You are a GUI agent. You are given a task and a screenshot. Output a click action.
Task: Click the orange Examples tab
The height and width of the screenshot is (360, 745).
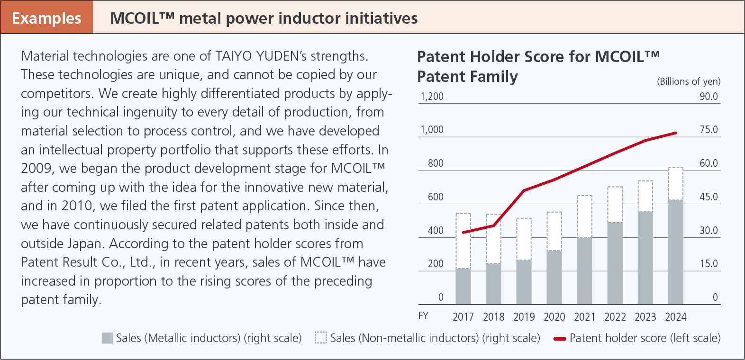coord(46,18)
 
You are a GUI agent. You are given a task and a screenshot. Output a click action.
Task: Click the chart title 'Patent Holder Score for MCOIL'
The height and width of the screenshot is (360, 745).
coord(538,57)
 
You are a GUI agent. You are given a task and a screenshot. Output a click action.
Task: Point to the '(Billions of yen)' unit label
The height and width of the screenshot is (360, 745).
coord(688,81)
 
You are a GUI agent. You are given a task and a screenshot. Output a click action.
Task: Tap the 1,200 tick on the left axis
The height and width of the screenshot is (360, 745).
coord(432,97)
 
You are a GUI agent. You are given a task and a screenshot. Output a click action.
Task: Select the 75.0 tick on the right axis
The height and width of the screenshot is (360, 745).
coord(709,130)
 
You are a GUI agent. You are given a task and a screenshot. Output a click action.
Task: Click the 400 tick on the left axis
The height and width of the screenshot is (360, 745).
coord(436,231)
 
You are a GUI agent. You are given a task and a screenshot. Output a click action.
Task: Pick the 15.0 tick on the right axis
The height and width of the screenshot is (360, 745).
coord(709,264)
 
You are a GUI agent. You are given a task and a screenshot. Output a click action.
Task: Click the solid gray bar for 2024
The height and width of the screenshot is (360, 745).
coord(675,252)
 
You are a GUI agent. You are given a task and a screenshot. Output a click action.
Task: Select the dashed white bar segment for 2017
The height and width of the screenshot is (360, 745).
coord(463,241)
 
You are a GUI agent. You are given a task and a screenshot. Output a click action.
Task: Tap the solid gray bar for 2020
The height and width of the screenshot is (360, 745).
coord(554,277)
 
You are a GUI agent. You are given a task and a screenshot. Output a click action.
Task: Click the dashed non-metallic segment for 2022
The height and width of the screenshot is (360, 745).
coord(615,205)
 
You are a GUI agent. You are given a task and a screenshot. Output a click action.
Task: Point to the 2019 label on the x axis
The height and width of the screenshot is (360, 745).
coord(524,317)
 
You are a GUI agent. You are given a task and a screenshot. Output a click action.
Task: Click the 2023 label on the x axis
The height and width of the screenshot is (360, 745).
coord(645,317)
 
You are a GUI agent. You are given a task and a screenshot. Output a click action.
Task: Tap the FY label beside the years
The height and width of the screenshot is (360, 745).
coord(423,315)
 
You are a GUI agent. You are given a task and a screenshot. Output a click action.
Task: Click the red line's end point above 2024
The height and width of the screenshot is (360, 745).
coord(676,133)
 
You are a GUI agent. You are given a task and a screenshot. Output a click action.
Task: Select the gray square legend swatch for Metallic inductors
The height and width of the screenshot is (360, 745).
coord(108,338)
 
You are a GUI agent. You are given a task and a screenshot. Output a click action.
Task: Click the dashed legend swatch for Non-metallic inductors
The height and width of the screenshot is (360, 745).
coord(321,338)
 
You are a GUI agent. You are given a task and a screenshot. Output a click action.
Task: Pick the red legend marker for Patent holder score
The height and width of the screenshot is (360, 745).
coord(560,339)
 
